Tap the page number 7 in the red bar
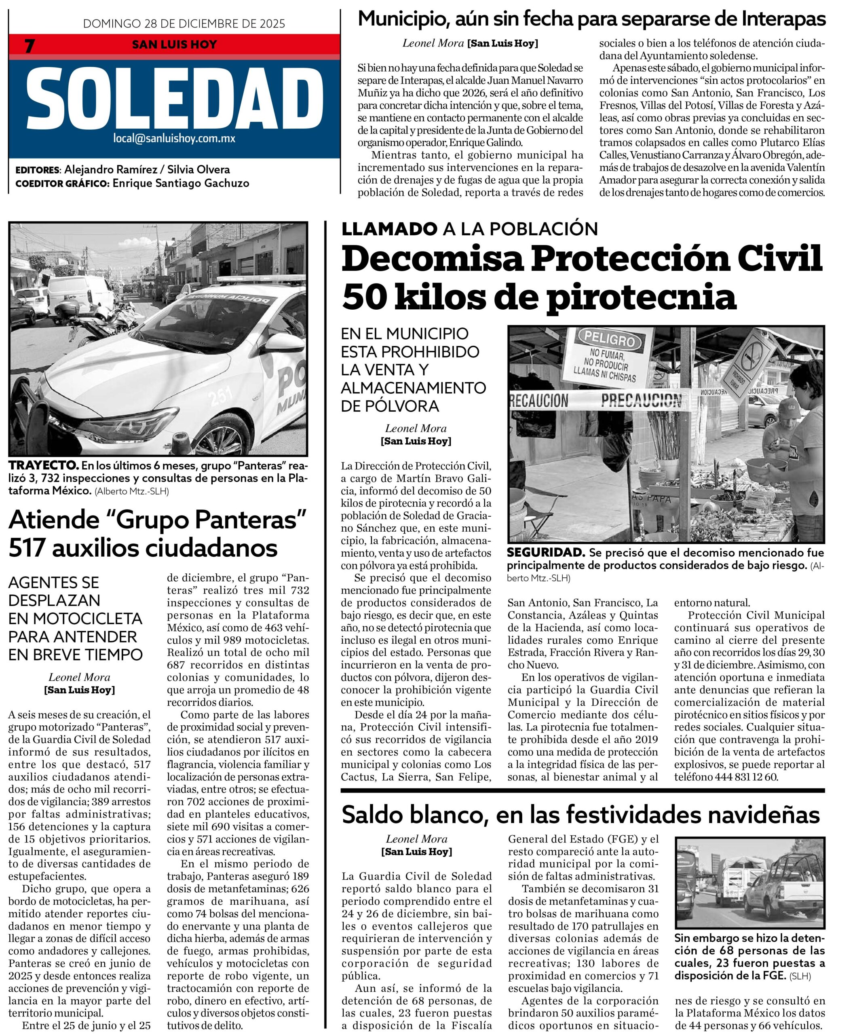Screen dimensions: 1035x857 30,46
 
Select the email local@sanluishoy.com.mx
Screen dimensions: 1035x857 174,139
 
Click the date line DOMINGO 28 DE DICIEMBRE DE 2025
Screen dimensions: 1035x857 184,23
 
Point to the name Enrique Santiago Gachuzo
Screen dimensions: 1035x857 181,183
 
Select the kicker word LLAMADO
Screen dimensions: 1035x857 389,229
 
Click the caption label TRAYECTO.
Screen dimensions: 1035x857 43,465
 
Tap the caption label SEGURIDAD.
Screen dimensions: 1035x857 546,553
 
